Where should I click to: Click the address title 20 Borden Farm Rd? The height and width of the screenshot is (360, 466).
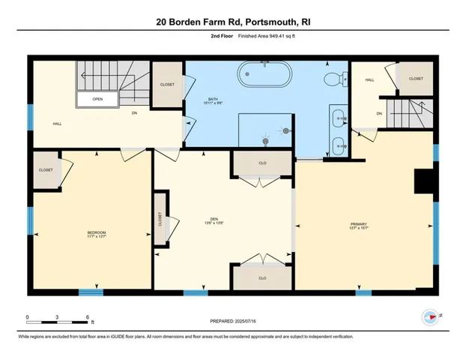[232, 22]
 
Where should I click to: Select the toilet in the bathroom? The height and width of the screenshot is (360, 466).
[335, 78]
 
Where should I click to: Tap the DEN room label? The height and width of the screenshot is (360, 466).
[215, 218]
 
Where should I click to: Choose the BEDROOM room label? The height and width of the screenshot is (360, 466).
[97, 232]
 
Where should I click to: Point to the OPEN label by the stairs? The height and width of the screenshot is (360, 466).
[97, 98]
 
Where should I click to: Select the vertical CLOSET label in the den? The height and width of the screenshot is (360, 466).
[160, 219]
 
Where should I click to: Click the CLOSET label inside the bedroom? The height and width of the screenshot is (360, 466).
[46, 170]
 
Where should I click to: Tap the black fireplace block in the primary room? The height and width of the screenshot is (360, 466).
[426, 182]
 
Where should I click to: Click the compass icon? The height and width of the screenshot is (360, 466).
[430, 317]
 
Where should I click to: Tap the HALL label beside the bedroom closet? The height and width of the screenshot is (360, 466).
[57, 124]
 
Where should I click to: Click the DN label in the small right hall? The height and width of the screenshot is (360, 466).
[379, 114]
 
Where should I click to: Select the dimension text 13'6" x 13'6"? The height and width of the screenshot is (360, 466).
[215, 223]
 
